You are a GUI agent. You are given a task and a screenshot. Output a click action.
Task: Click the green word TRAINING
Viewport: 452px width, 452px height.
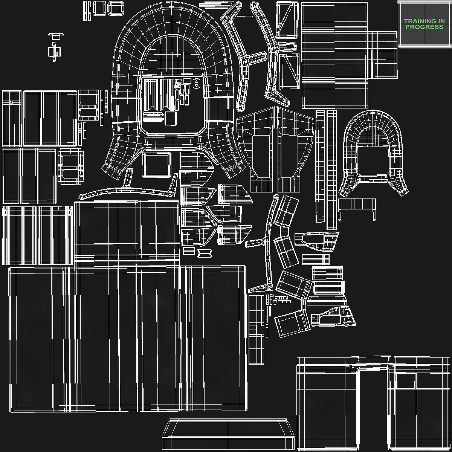[x=418, y=21]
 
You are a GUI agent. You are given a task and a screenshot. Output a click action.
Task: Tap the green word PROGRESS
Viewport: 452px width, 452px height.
[x=425, y=27]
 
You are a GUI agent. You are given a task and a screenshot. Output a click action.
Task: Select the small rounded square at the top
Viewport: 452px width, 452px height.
[x=100, y=8]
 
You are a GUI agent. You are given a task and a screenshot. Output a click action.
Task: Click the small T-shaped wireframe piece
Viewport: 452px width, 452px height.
[x=56, y=36]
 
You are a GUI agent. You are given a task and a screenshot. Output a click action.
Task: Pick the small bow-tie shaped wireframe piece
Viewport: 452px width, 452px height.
[x=205, y=253]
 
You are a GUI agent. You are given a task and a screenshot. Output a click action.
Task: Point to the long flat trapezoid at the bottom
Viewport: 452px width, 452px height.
[x=228, y=434]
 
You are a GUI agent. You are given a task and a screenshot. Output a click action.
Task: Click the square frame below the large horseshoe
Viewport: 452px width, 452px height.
[x=156, y=165]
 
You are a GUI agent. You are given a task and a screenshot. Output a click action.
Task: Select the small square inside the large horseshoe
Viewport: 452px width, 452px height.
[x=171, y=118]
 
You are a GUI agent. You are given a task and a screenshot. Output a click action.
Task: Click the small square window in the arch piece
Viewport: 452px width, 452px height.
[x=406, y=381]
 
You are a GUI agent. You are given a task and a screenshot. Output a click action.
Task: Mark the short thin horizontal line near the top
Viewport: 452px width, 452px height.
[x=245, y=17]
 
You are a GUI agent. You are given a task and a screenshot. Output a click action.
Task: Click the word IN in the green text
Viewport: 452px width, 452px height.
[x=440, y=21]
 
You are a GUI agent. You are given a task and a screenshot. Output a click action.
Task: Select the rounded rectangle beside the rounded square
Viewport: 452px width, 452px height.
[x=116, y=8]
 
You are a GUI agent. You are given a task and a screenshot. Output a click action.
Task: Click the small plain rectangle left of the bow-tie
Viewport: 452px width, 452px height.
[x=189, y=251]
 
